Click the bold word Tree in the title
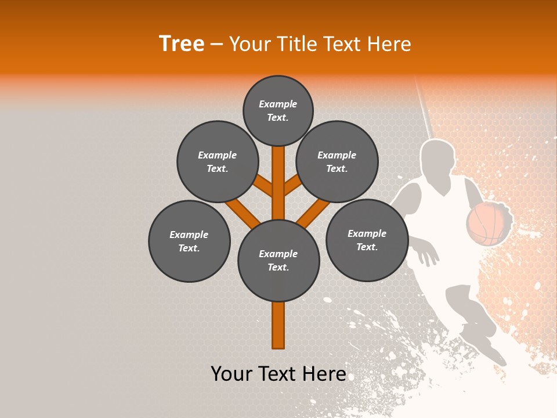pos(182,44)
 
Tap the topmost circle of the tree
pos(278,110)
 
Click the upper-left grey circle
pos(218,161)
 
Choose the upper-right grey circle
pos(337,161)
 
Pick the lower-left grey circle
pos(189,241)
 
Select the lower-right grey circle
pos(367,240)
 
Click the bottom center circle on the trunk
pos(278,261)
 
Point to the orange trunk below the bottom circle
pos(278,325)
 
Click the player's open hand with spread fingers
pos(427,253)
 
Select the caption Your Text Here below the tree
pos(278,374)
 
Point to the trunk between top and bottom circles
pos(278,183)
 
